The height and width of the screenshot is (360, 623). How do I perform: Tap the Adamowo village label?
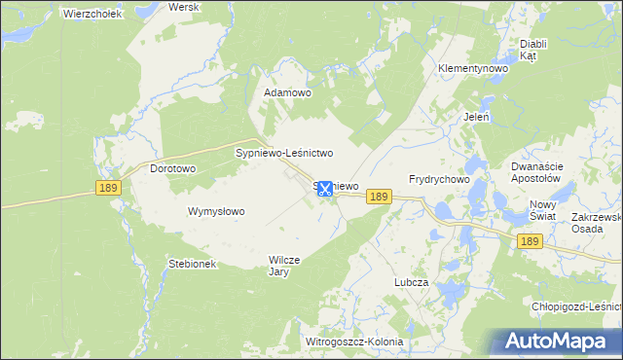click(287, 93)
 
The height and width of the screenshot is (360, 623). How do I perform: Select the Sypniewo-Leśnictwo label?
click(285, 153)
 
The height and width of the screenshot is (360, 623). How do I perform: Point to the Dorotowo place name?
click(173, 168)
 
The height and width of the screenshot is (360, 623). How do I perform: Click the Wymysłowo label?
click(216, 211)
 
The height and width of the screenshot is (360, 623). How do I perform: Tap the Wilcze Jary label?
click(286, 266)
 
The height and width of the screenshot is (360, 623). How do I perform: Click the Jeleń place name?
click(476, 117)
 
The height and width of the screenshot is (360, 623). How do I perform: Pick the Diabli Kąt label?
click(532, 51)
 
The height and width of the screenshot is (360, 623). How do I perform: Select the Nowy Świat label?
click(542, 210)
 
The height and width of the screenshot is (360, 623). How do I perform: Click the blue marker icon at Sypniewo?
click(325, 188)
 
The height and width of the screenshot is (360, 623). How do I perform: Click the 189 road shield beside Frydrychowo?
click(380, 198)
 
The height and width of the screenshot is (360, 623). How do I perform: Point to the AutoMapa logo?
click(560, 341)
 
